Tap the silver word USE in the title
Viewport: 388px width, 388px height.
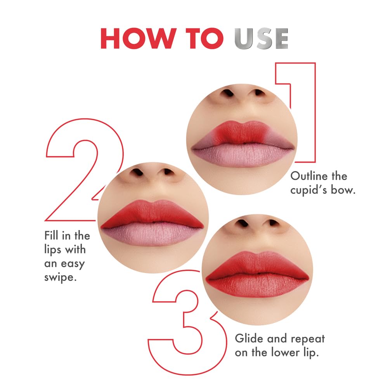pyautogui.click(x=262, y=38)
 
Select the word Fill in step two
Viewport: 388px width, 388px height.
pyautogui.click(x=52, y=236)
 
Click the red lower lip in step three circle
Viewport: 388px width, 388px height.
pyautogui.click(x=258, y=286)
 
